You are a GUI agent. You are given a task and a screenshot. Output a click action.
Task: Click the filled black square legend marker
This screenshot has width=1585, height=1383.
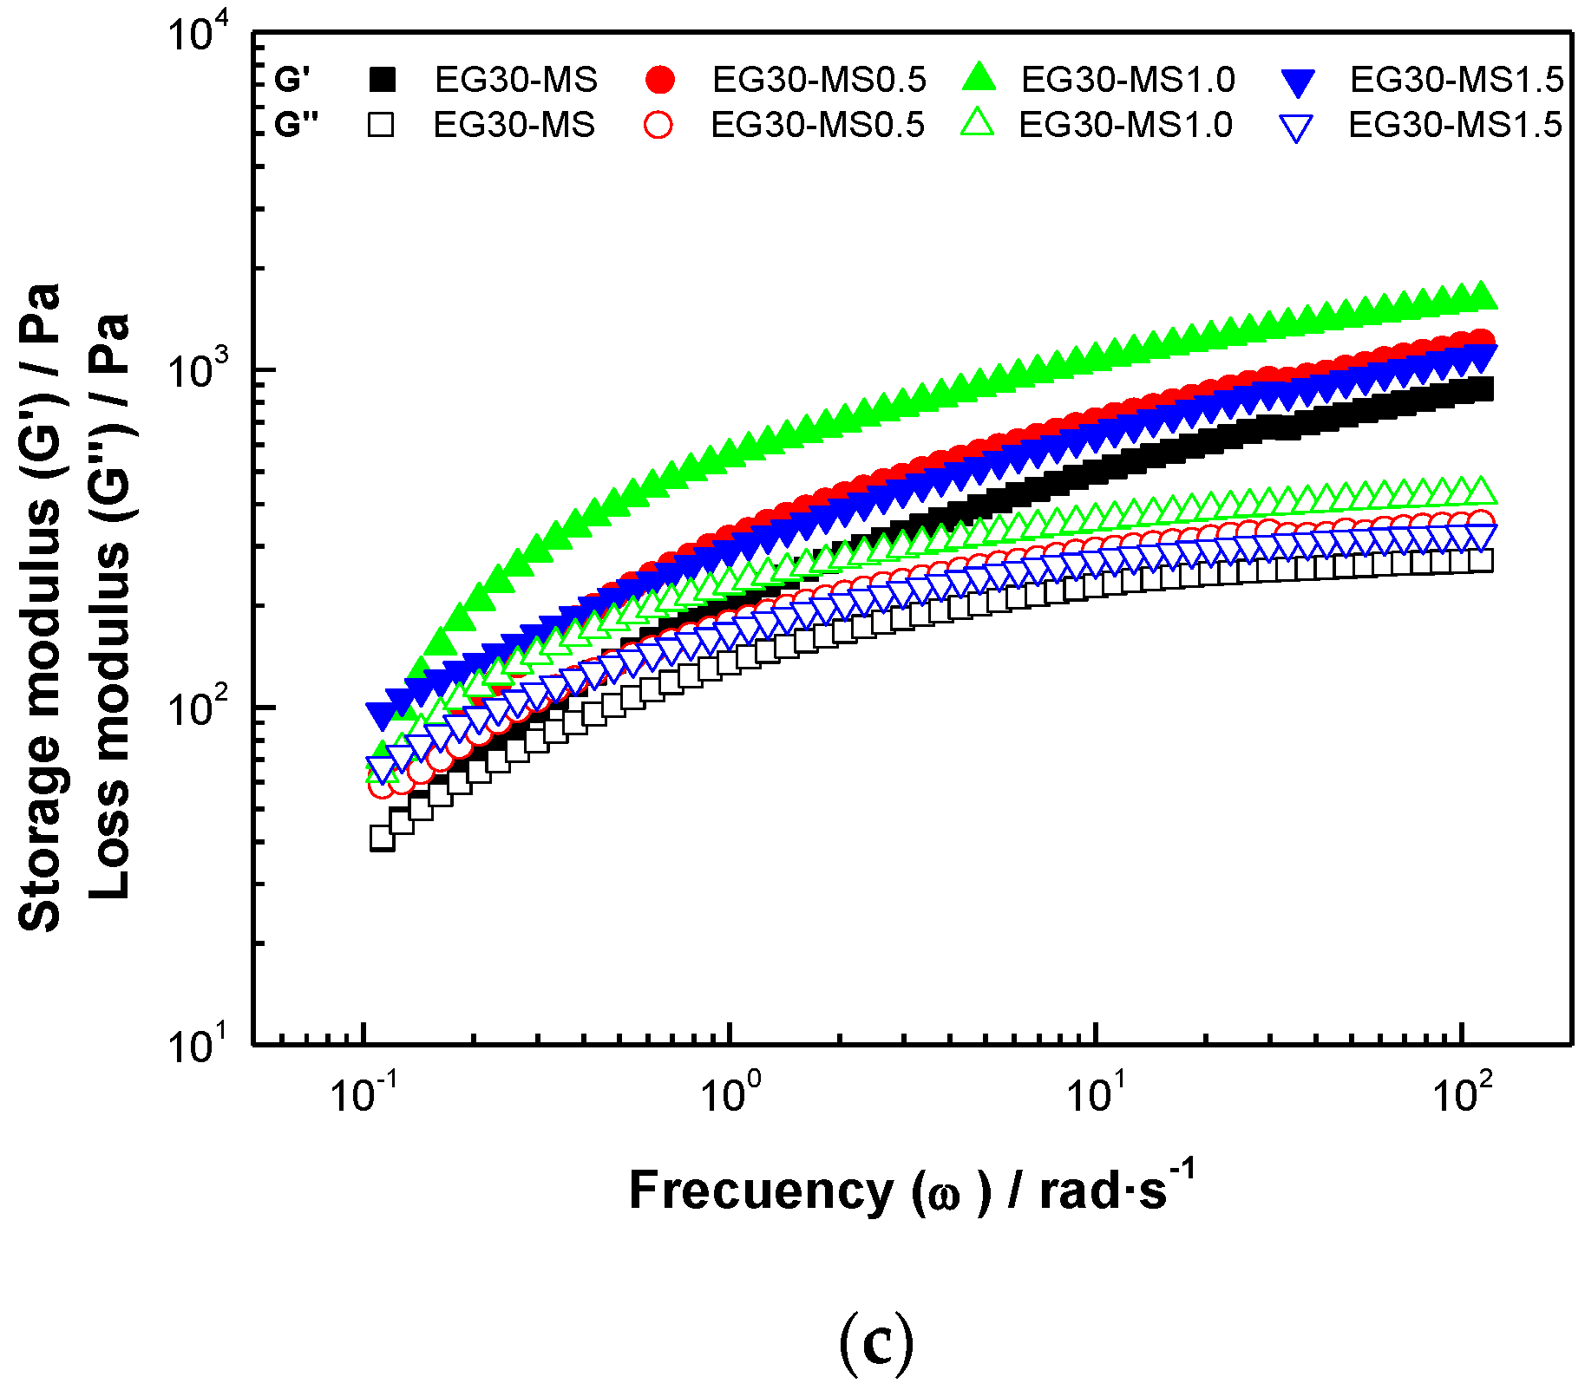(383, 80)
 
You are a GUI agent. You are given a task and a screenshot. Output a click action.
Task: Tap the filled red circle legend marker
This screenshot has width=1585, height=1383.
(660, 80)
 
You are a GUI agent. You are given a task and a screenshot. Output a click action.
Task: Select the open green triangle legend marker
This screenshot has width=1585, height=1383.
(978, 123)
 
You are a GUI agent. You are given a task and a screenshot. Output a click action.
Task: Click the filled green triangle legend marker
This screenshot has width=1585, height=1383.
(979, 78)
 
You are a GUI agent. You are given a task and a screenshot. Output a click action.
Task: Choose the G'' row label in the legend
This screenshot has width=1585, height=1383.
(296, 125)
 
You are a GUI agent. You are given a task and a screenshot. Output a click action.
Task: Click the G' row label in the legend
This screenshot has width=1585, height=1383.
(291, 80)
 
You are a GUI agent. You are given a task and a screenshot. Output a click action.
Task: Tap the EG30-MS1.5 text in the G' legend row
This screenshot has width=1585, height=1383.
(1457, 80)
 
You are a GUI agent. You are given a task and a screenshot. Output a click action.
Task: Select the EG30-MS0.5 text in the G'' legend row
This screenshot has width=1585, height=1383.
(817, 125)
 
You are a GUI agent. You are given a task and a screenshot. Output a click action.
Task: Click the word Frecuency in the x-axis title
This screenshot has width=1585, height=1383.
(760, 1191)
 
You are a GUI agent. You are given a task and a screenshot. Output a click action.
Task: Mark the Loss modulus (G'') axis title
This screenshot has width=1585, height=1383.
(110, 607)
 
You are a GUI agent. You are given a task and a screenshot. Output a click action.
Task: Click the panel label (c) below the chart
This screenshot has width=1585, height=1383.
(876, 1343)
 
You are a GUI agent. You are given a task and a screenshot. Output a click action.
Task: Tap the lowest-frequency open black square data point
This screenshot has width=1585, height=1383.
(382, 838)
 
